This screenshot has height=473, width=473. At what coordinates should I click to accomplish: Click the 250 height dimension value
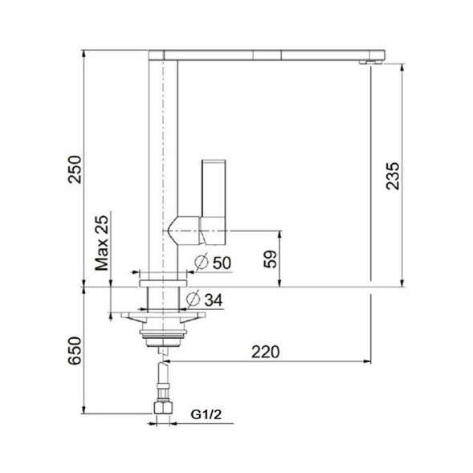click(75, 169)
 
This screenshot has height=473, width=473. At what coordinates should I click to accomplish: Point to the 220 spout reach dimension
click(264, 351)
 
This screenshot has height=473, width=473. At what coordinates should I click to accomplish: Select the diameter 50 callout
click(212, 262)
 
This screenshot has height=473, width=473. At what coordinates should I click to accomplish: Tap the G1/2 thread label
click(207, 414)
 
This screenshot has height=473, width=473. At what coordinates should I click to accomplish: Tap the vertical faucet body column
click(162, 161)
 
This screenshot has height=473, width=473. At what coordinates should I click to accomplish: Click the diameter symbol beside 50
click(202, 262)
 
